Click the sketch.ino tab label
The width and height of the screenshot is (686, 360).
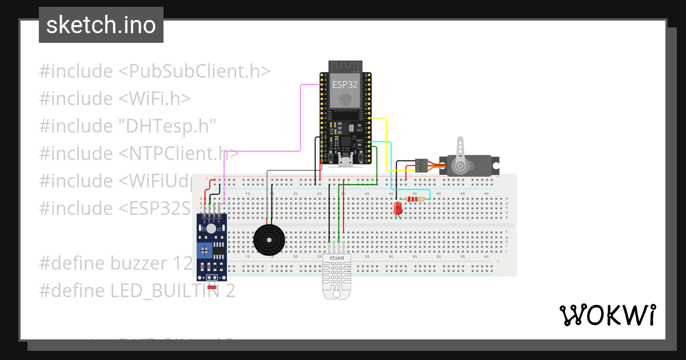coord(101,25)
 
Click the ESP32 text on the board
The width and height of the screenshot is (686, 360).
coord(345,84)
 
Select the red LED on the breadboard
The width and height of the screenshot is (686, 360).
coord(398,209)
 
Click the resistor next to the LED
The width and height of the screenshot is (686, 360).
coord(415,199)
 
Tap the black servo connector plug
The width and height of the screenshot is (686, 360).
coord(421,165)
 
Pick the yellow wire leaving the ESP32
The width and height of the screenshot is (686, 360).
coord(386,143)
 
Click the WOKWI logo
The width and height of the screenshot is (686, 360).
coord(607,315)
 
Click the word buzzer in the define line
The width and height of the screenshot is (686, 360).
coord(139,263)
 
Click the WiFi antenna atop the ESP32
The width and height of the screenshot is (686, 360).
coord(345,65)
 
